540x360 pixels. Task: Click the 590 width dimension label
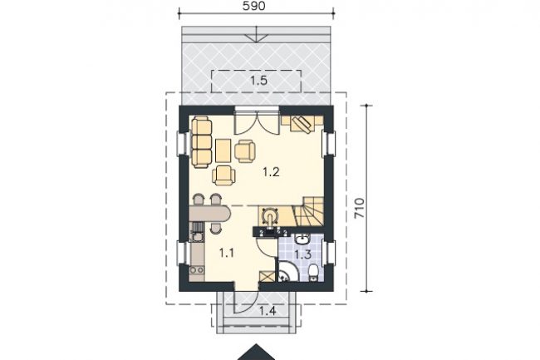(254, 6)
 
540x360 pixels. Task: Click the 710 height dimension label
(359, 208)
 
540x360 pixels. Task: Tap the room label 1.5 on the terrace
(258, 81)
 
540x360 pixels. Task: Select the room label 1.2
(271, 171)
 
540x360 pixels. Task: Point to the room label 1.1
(227, 254)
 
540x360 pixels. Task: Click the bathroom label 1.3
(303, 254)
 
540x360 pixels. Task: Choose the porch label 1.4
(268, 311)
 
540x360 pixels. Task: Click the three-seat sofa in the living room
(202, 142)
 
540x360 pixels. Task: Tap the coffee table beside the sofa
(223, 150)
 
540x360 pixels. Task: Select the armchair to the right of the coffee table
(245, 150)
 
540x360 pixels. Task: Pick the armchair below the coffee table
(223, 175)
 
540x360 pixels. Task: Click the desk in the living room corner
(302, 123)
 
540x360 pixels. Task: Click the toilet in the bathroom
(314, 273)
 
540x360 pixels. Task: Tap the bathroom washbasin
(303, 239)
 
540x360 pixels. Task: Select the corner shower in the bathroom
(286, 271)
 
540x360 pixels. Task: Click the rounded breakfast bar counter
(209, 214)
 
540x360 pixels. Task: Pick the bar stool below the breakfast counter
(216, 228)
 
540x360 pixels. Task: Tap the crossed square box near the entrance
(268, 277)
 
